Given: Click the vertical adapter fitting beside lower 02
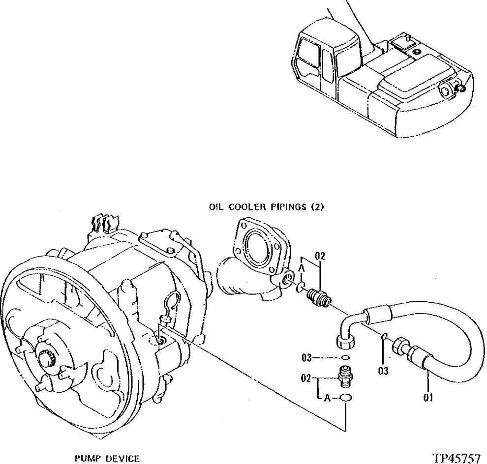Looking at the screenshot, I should pyautogui.click(x=345, y=377).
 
